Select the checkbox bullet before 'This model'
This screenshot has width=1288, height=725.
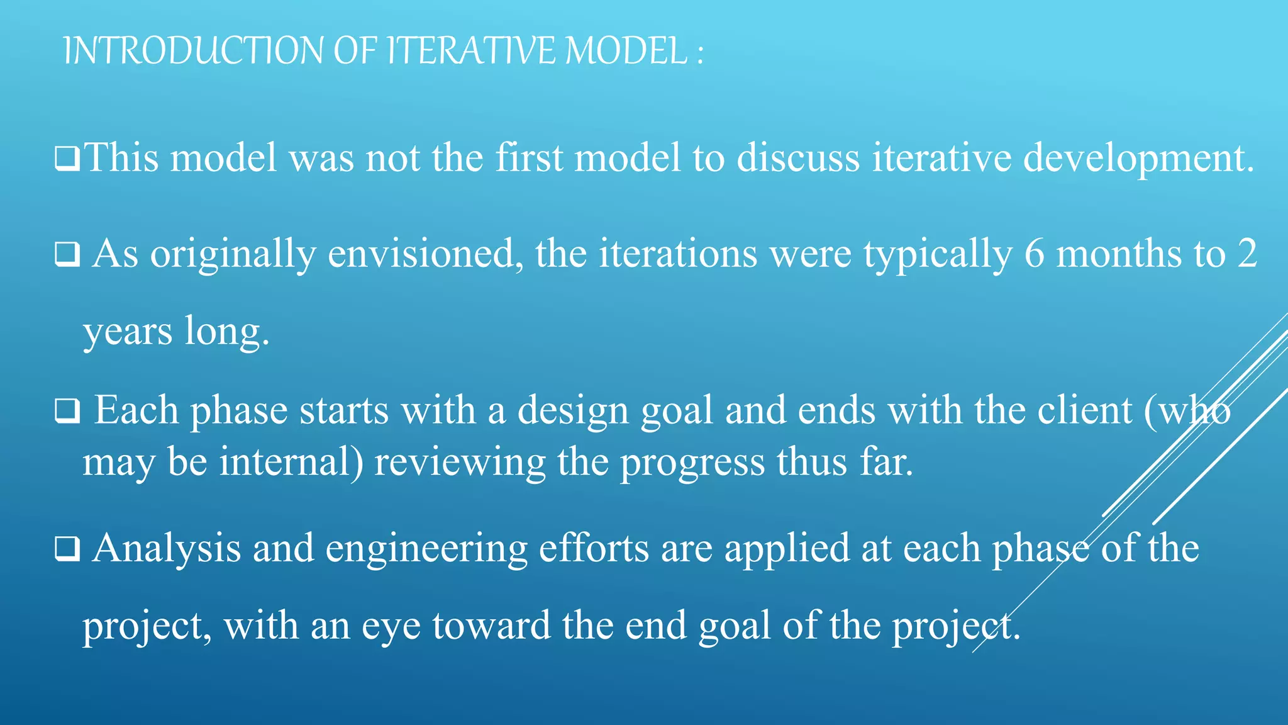(67, 159)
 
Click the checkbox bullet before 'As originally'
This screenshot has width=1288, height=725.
(67, 255)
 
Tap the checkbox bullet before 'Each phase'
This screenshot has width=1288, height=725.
(67, 412)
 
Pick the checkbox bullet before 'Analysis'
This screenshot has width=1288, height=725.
(67, 549)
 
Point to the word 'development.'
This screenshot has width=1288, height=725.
(1138, 159)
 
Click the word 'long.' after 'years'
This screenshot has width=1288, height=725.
(227, 332)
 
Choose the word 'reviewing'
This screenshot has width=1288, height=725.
(460, 463)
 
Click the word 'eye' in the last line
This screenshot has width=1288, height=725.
(391, 627)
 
